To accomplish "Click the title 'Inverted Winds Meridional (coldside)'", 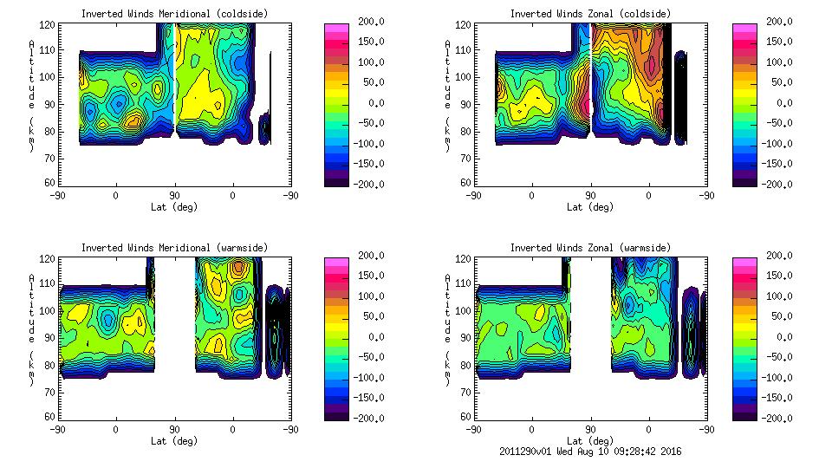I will pyautogui.click(x=174, y=13).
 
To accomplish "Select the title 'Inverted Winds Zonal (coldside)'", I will pyautogui.click(x=590, y=13).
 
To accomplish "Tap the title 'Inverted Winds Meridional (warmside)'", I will pyautogui.click(x=174, y=247).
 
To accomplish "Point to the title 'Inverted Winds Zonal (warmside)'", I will pyautogui.click(x=590, y=247).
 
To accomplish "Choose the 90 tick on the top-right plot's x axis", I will pyautogui.click(x=590, y=195).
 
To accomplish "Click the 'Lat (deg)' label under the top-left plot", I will pyautogui.click(x=174, y=206).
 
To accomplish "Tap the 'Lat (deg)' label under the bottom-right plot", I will pyautogui.click(x=590, y=440).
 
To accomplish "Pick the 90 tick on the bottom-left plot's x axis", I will pyautogui.click(x=174, y=429).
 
